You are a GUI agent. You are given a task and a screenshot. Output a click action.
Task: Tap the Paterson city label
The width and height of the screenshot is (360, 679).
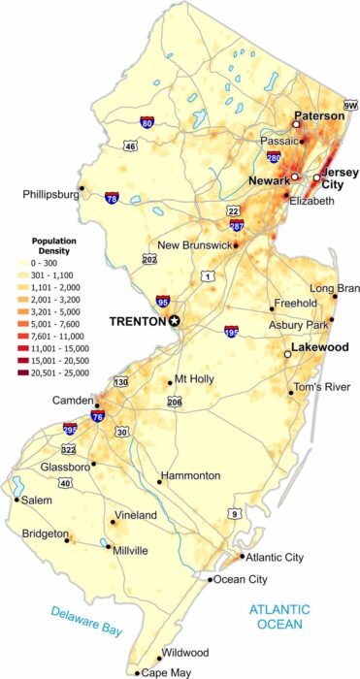pos(319,115)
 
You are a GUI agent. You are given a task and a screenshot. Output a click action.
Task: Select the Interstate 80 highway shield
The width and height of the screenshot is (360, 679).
pos(146,123)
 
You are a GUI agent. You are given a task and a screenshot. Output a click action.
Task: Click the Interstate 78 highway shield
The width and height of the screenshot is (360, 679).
pos(114,197)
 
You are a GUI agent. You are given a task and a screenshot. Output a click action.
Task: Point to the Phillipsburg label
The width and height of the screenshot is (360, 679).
pos(49,195)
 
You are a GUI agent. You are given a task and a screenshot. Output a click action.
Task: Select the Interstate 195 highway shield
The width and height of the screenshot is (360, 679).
pos(231,332)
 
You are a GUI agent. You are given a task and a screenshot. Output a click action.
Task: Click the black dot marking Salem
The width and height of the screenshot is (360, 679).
pos(16,501)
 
